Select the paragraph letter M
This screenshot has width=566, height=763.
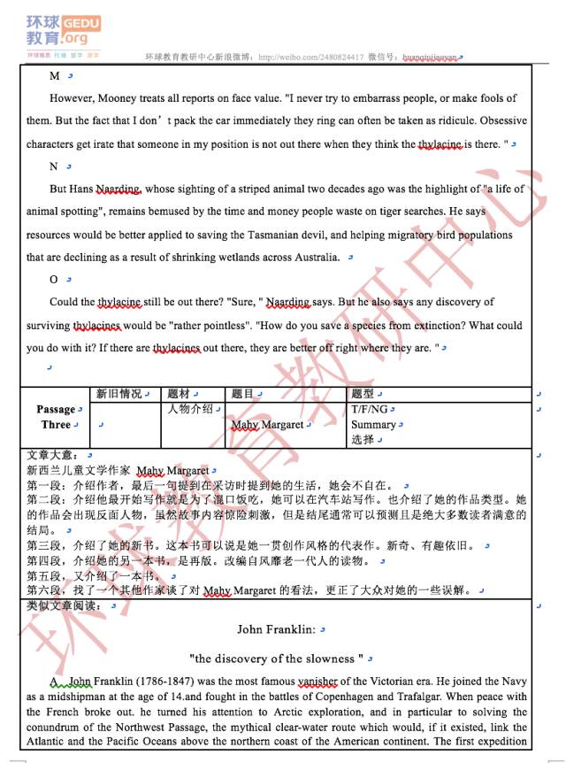[55, 76]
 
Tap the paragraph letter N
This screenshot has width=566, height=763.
[55, 166]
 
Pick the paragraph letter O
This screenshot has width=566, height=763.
[55, 280]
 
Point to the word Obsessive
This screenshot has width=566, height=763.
[494, 121]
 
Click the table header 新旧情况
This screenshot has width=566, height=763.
[118, 393]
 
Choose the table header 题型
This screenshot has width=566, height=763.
[363, 393]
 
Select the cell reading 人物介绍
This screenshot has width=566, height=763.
[190, 409]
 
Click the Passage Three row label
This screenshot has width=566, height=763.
[56, 417]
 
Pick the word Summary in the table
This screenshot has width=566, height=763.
[373, 424]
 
